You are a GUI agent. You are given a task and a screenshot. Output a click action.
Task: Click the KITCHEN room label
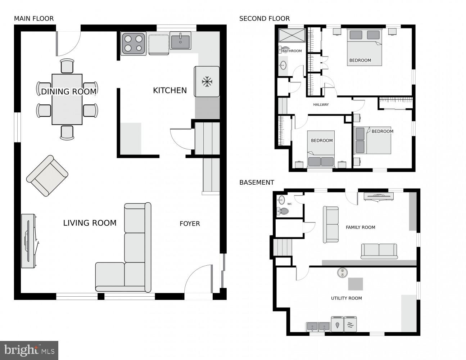click(170, 90)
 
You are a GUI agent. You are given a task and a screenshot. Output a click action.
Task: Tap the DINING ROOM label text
click(68, 91)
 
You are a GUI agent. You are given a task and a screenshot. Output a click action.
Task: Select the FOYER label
click(190, 224)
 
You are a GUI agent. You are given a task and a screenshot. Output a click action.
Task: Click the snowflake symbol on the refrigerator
click(207, 82)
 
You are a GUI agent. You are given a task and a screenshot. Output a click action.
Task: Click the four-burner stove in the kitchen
click(134, 44)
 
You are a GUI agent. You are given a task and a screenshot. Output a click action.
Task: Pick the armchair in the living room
click(47, 176)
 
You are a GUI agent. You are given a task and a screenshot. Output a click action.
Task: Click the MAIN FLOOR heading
click(34, 19)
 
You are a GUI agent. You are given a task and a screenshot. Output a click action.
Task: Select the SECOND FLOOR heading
click(264, 19)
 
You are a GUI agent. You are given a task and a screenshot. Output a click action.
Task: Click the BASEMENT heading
click(257, 183)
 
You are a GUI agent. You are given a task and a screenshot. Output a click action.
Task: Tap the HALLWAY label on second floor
click(321, 105)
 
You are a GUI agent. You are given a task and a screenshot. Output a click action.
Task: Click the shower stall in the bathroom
click(292, 35)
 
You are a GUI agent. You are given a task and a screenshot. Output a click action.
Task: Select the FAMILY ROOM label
click(360, 227)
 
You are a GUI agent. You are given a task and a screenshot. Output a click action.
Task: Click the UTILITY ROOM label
click(346, 298)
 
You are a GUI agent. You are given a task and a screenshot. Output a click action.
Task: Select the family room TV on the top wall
click(379, 196)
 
